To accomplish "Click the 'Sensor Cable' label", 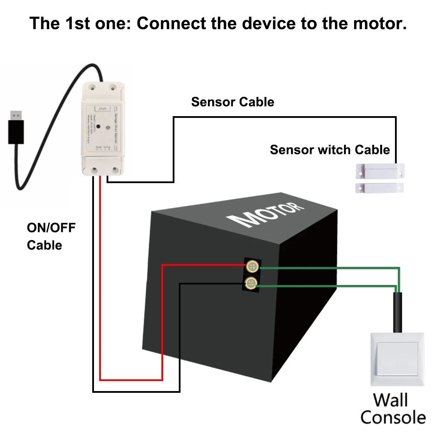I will click(233, 102).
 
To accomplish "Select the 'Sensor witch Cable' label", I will click(330, 150).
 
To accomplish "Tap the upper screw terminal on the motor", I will click(251, 266).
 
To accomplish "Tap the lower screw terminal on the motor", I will click(251, 284).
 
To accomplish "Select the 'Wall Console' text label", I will click(392, 408).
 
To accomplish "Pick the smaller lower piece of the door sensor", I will click(379, 187).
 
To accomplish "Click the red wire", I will click(100, 304).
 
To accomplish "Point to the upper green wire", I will click(331, 268).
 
